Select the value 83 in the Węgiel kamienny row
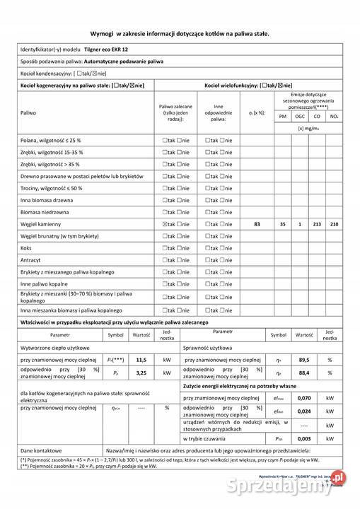257,224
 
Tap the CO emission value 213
317,224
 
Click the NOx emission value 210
334,224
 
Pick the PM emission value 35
283,224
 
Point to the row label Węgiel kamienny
42,224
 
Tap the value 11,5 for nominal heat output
141,359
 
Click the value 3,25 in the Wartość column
141,373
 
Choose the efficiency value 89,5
304,359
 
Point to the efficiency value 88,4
304,373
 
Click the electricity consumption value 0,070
304,399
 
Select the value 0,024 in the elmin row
304,411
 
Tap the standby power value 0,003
304,438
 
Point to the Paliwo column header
28,112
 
